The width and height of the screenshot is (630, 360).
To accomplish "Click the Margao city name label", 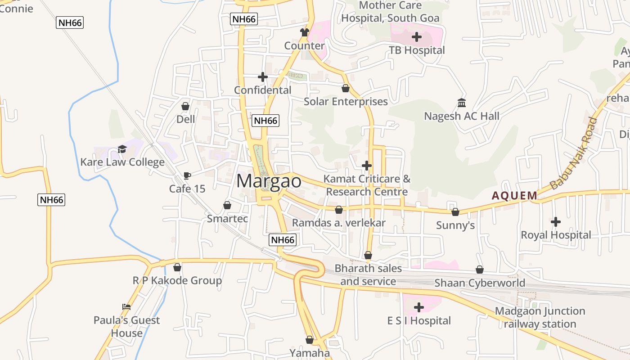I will point(269,181).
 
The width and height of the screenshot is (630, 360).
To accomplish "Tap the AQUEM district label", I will point(514,196).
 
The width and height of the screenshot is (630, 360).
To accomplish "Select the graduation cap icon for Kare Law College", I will point(122,149).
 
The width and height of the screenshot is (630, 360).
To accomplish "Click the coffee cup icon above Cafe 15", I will point(187,175).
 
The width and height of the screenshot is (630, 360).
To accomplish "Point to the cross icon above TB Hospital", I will point(417,37).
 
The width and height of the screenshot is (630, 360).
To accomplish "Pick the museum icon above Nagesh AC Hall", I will point(462,103).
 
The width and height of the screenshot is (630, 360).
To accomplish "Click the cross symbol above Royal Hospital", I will point(556,222).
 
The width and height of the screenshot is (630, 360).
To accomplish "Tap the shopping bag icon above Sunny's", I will point(455,212).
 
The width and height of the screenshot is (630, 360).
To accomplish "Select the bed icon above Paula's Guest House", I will point(126,307).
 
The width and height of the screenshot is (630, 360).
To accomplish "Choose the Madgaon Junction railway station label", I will point(540,317).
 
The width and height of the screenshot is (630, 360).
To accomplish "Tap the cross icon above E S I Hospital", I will point(419,308).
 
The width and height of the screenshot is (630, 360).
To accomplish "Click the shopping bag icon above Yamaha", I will point(309,340).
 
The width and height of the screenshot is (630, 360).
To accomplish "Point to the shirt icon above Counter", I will point(305,32).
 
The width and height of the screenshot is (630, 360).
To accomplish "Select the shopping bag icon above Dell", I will point(185,106).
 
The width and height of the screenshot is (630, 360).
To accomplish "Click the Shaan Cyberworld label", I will point(480,283).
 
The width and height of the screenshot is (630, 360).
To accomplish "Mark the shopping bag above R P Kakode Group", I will point(177,267).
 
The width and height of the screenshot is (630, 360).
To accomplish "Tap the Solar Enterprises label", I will point(346,102).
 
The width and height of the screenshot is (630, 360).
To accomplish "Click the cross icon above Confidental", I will point(263,77).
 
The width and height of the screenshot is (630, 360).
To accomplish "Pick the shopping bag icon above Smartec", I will point(227,206).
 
